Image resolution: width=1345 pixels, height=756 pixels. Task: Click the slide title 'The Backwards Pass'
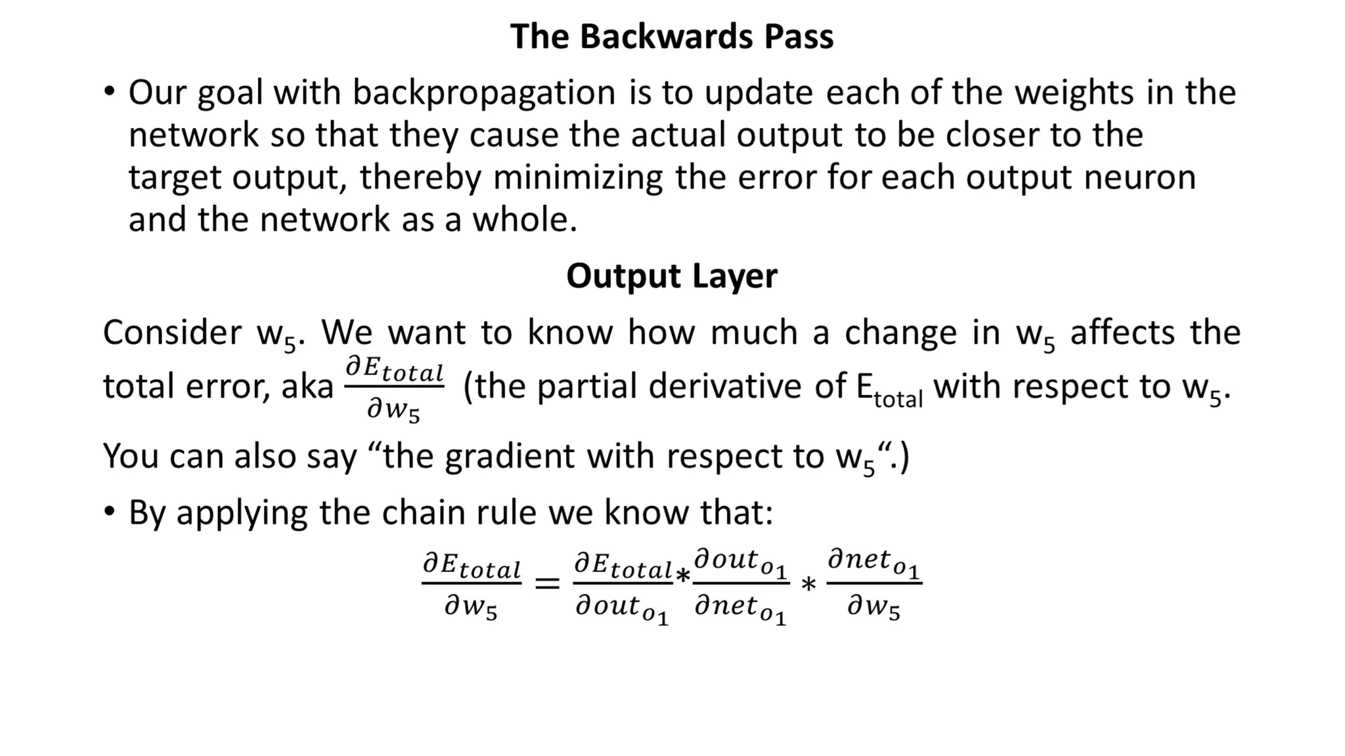coord(671,36)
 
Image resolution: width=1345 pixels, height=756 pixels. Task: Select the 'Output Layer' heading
coord(671,276)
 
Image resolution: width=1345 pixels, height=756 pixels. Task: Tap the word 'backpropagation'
coord(484,93)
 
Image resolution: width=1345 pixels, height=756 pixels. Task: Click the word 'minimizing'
coord(578,178)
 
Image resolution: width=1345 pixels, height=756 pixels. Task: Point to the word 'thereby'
coord(420,178)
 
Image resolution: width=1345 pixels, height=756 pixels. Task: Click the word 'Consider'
coord(172,333)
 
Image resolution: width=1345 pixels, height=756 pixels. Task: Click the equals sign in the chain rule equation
coord(547,583)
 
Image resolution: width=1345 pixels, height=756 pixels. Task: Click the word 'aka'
coord(307,387)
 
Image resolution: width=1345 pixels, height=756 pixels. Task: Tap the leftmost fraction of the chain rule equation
coord(472,585)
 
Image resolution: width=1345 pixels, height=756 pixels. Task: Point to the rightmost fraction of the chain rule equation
coord(873,583)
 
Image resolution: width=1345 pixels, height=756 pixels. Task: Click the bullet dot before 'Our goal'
coord(109,91)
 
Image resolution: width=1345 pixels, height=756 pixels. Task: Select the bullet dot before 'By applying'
coord(109,511)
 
